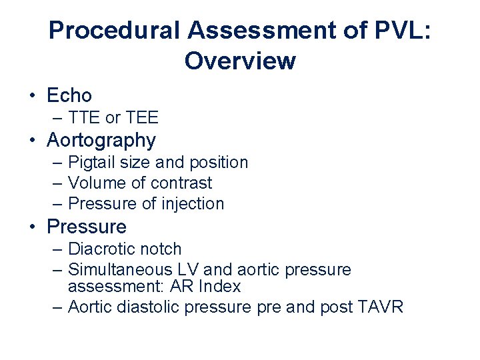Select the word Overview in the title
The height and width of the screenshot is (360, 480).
(240, 61)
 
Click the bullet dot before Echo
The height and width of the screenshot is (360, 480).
(32, 95)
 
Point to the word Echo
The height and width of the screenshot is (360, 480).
(69, 96)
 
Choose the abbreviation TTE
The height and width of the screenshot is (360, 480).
(85, 118)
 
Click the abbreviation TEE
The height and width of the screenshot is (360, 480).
(141, 118)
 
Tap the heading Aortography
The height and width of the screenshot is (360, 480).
(101, 140)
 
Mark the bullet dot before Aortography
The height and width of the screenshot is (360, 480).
(32, 140)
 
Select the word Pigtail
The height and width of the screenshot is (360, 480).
(90, 162)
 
